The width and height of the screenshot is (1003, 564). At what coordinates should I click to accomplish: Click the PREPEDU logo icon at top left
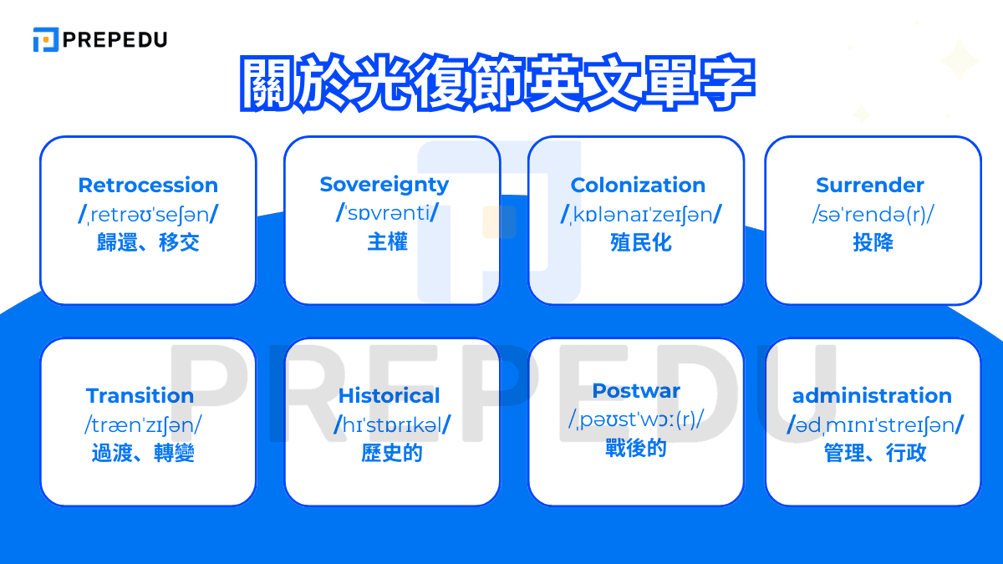point(45,39)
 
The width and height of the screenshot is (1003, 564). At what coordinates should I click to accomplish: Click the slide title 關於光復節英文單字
point(497,84)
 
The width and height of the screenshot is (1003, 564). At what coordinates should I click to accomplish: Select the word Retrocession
point(148,185)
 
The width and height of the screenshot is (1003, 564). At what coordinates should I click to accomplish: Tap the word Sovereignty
point(384,185)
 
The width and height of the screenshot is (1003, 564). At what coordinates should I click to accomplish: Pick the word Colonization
point(638,185)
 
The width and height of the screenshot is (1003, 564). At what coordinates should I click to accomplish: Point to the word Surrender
point(870,185)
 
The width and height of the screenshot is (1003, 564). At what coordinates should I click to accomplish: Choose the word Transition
point(140,396)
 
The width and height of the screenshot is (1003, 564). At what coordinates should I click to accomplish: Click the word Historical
point(389,396)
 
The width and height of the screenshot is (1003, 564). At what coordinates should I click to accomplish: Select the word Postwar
point(636,391)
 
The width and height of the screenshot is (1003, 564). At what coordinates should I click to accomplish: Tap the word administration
point(872,396)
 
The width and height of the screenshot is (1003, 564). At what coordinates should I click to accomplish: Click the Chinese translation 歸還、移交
point(148,243)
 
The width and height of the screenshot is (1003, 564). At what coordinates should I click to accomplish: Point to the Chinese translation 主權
point(387,242)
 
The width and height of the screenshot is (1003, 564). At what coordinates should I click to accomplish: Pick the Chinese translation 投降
point(873,243)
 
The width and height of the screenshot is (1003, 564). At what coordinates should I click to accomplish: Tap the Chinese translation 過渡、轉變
point(143,454)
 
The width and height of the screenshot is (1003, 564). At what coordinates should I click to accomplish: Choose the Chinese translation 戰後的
point(636,449)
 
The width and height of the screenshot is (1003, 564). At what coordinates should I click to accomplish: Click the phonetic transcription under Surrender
point(873,215)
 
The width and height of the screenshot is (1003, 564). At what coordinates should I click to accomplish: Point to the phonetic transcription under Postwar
point(636,419)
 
